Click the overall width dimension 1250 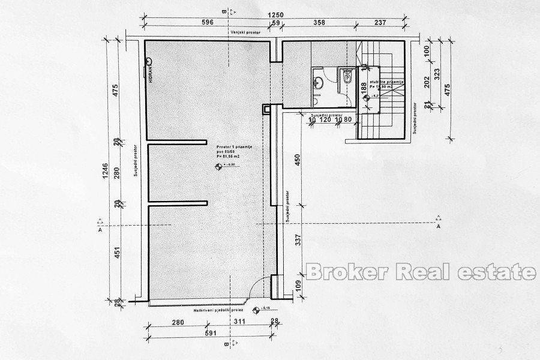275,13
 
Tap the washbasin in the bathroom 319,83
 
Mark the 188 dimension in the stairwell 363,88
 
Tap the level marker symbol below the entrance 257,310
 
